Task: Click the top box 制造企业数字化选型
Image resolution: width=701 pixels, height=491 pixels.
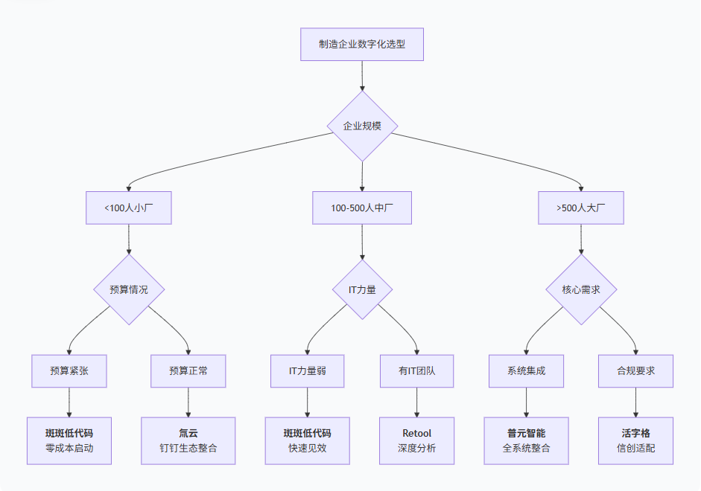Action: [362, 44]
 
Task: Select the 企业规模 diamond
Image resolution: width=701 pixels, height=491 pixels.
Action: [362, 126]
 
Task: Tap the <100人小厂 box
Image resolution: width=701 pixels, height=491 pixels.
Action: [128, 208]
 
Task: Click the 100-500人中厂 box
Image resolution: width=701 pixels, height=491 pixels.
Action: [362, 208]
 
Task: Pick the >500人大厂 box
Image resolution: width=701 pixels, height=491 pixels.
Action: [580, 208]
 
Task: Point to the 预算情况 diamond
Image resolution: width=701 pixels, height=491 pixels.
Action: [128, 289]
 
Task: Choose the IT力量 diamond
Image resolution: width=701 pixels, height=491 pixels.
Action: [362, 289]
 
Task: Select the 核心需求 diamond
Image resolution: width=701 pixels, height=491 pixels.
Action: [582, 289]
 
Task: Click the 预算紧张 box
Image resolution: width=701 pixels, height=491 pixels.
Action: [69, 370]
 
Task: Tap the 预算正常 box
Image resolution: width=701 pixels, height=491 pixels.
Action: [188, 370]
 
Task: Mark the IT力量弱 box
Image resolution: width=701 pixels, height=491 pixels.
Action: [308, 370]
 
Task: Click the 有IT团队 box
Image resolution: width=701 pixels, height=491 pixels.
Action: [416, 370]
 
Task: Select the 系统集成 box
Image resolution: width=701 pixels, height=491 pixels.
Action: [526, 370]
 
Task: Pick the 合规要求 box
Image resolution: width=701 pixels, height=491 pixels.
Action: [635, 370]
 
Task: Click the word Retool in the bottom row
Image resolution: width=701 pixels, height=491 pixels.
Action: [416, 433]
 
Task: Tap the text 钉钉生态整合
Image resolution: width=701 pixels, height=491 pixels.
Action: [188, 449]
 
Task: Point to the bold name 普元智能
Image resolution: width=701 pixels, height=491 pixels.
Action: [526, 433]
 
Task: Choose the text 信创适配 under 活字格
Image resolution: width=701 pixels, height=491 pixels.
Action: [635, 449]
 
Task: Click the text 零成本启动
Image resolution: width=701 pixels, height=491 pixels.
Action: [69, 449]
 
